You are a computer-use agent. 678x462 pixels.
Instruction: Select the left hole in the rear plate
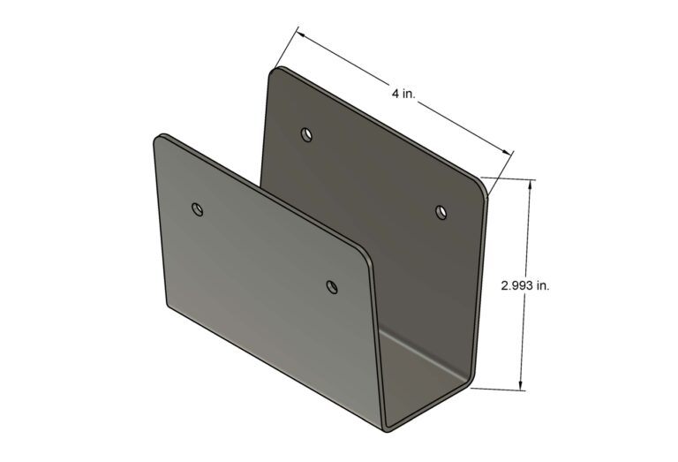click(x=306, y=134)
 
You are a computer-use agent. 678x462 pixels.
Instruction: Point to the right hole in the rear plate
click(x=441, y=211)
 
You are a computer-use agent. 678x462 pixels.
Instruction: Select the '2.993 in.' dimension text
click(x=526, y=285)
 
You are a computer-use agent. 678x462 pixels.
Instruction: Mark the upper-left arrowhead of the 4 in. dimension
click(x=300, y=35)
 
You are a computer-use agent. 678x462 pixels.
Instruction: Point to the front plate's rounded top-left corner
click(x=162, y=139)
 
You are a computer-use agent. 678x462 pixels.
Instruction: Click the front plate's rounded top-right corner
click(x=365, y=254)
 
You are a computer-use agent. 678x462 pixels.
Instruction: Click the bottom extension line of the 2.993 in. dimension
click(x=499, y=389)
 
